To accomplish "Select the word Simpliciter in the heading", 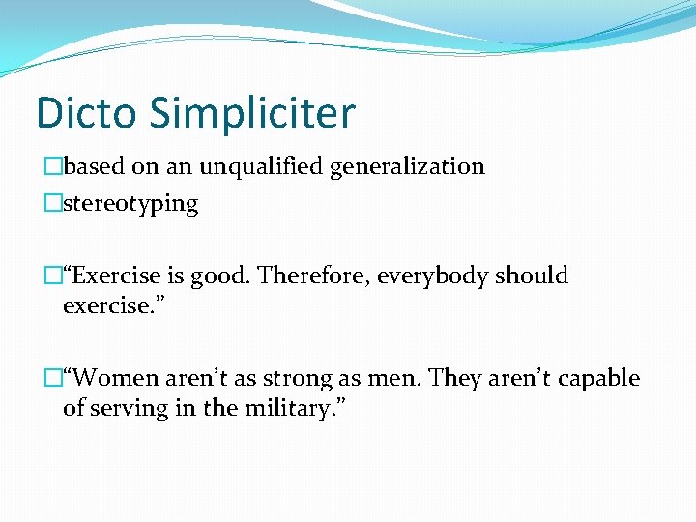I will click(252, 114).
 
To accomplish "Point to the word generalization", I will click(407, 167).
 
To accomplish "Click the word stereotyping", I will click(130, 205).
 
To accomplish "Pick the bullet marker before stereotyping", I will click(53, 204).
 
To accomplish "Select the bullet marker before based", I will click(53, 166).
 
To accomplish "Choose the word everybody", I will click(432, 276).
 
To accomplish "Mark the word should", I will click(532, 275).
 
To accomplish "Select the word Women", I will click(114, 378).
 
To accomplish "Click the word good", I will click(217, 276).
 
